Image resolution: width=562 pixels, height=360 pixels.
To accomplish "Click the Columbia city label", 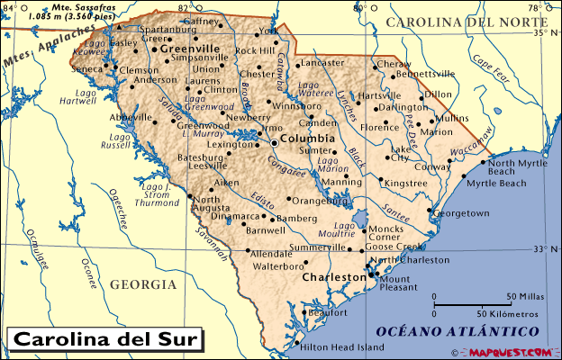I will tap(307, 140).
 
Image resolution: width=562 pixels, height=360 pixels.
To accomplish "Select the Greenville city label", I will tap(190, 49).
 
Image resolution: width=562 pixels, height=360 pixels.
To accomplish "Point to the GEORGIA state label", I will tap(143, 284).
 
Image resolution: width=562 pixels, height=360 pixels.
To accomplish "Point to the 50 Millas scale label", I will tap(522, 296).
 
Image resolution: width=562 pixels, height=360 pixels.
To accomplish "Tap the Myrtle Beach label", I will tap(495, 183).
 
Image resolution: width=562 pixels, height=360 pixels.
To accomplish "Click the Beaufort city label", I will tap(327, 312).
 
